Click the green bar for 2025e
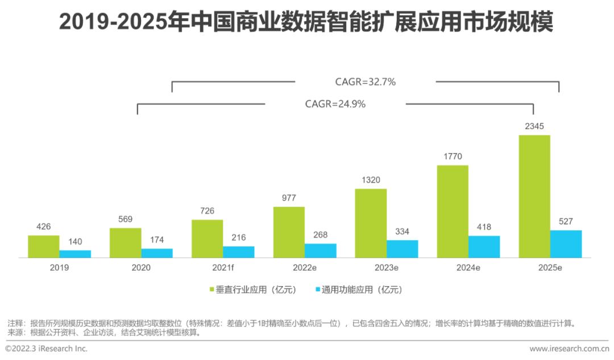pos(534,196)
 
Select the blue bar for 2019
pos(75,254)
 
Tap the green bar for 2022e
pos(289,232)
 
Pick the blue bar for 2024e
pos(484,246)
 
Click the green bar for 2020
pos(125,243)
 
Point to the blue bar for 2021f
pos(238,251)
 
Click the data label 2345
pos(534,126)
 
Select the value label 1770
pos(452,156)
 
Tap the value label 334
pos(402,231)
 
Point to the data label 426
pos(43,226)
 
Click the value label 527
pos(566,221)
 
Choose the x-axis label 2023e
pos(386,267)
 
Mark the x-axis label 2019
pos(59,267)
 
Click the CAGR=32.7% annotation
pos(365,82)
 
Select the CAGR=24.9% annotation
pos(335,104)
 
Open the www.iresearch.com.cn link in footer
pos(569,349)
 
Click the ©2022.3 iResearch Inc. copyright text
pos(46,349)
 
